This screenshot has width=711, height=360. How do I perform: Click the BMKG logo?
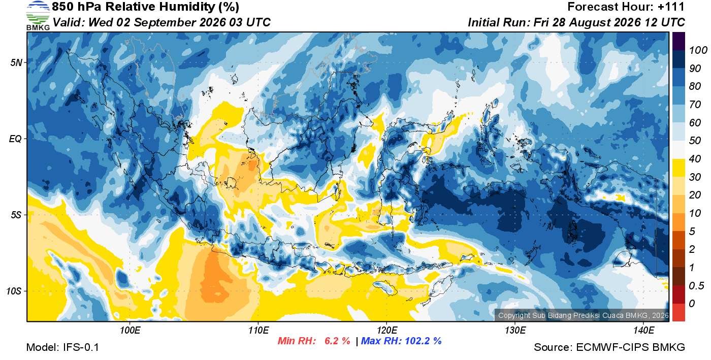[x=38, y=16]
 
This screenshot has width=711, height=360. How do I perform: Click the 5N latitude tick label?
[x=16, y=62]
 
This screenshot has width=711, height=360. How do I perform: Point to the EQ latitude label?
[x=15, y=139]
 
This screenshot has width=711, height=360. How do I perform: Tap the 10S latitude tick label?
[x=14, y=291]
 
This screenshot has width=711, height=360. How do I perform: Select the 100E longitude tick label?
[x=130, y=330]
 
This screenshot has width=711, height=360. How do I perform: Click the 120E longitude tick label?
[x=386, y=330]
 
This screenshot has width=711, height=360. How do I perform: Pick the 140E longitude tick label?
[x=643, y=330]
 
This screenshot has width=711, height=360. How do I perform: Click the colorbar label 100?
[x=698, y=50]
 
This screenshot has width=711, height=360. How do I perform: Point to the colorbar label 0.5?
[x=697, y=286]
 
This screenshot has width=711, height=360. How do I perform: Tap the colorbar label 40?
[x=695, y=159]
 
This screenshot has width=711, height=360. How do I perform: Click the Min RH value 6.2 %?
[x=337, y=341]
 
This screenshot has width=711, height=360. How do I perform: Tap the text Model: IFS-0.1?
[x=62, y=347]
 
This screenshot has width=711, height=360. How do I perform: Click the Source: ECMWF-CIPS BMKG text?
[x=609, y=347]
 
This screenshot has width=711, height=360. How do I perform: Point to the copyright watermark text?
[x=584, y=315]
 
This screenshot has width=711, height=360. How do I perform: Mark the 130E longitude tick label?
[x=515, y=330]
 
